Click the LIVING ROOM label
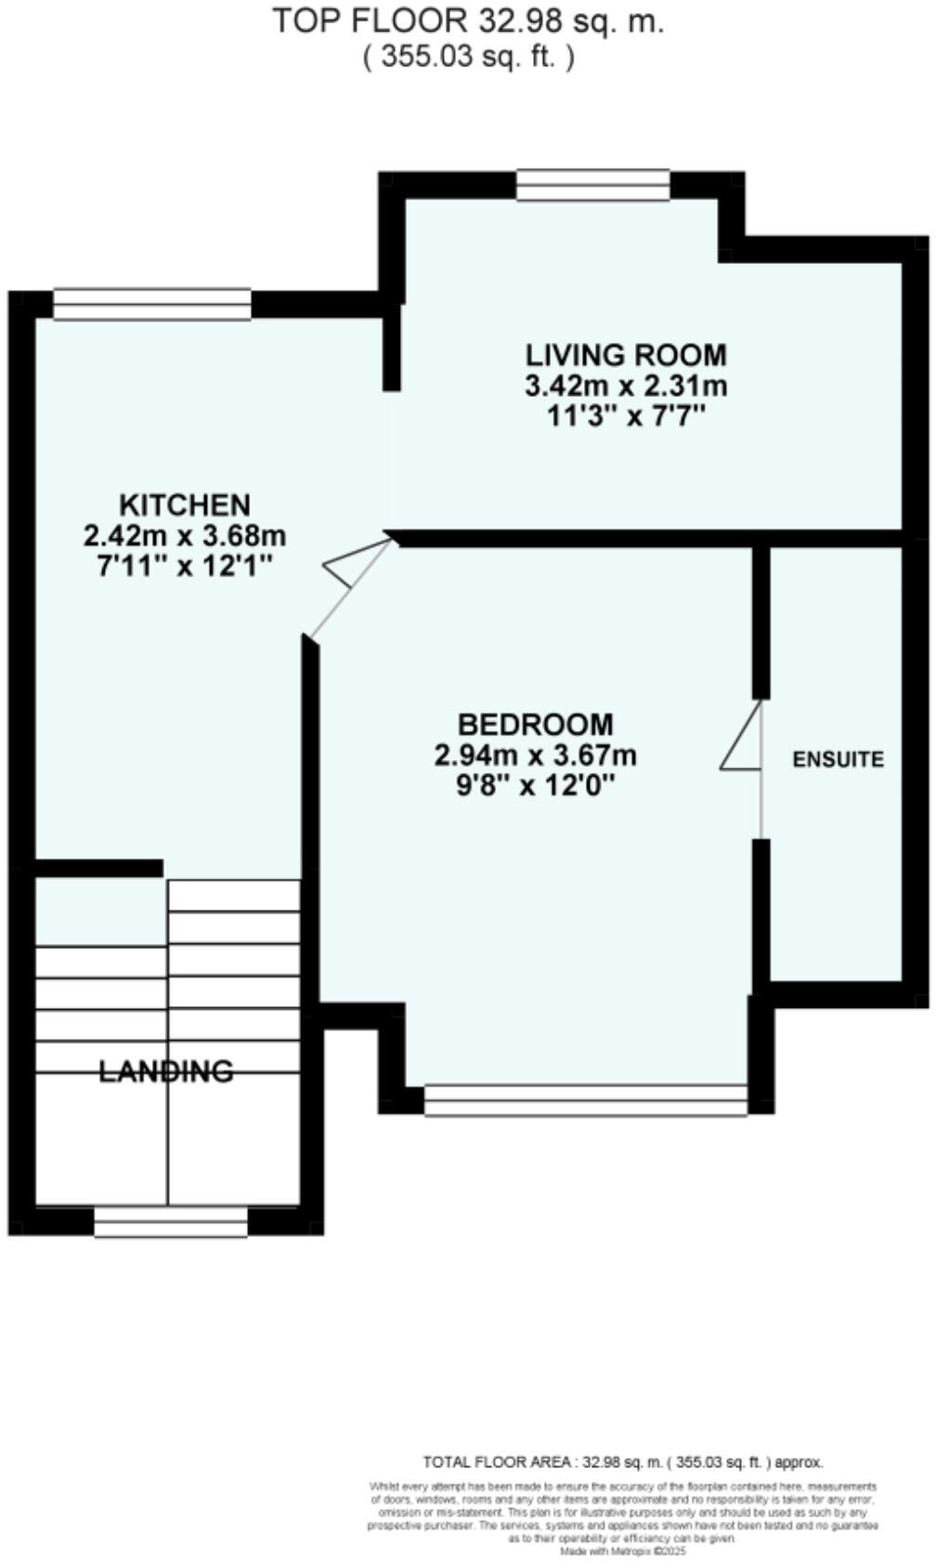pyautogui.click(x=626, y=355)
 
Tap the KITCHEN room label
pyautogui.click(x=185, y=505)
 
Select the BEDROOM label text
pyautogui.click(x=536, y=724)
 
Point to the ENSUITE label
pyautogui.click(x=838, y=759)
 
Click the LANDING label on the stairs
pyautogui.click(x=167, y=1071)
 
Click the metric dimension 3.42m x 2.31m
pyautogui.click(x=626, y=386)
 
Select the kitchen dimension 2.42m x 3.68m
pyautogui.click(x=185, y=536)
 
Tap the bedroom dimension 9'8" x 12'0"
pyautogui.click(x=536, y=786)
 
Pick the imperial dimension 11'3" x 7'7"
pyautogui.click(x=626, y=416)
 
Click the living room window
pyautogui.click(x=592, y=185)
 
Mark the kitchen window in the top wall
pyautogui.click(x=152, y=305)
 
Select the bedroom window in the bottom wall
pyautogui.click(x=585, y=1100)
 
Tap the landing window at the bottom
pyautogui.click(x=171, y=1222)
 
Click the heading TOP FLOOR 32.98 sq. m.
pyautogui.click(x=467, y=21)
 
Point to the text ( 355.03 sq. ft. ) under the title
pyautogui.click(x=467, y=57)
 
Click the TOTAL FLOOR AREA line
pyautogui.click(x=622, y=1462)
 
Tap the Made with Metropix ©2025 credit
pyautogui.click(x=622, y=1551)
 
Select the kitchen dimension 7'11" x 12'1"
pyautogui.click(x=185, y=566)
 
